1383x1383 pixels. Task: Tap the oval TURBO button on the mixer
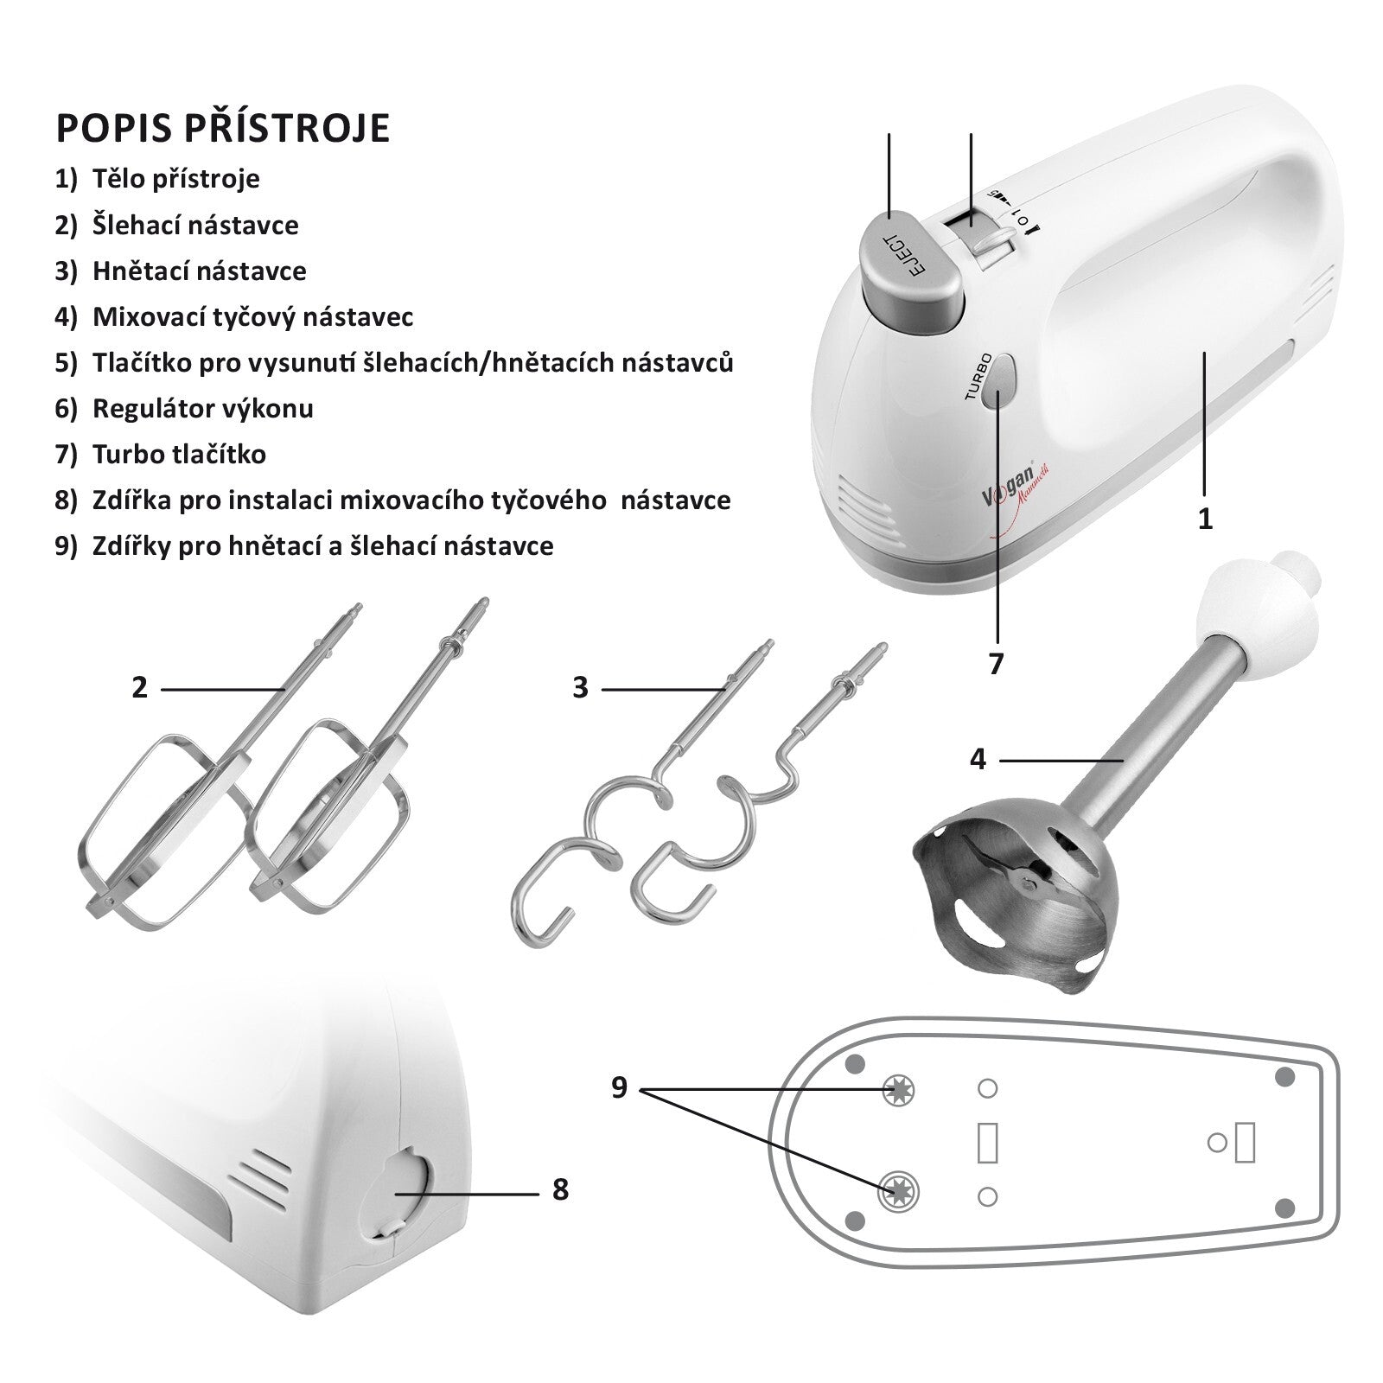(1002, 381)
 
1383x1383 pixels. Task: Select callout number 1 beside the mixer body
(1205, 519)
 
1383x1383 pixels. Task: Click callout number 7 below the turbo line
(996, 664)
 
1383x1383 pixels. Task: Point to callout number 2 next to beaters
(140, 688)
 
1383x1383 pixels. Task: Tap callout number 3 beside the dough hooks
(580, 688)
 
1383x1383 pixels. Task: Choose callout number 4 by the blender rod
(978, 760)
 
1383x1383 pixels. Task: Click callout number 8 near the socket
(560, 1190)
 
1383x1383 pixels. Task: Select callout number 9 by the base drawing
(619, 1087)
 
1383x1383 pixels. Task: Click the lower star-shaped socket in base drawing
(899, 1193)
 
